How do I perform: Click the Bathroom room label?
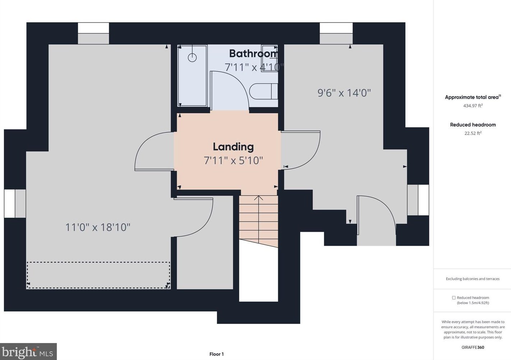pos(254,54)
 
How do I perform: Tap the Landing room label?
pos(233,147)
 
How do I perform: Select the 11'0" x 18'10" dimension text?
pos(98,227)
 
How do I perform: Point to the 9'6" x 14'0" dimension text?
pos(344,93)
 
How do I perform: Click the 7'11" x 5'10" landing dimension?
pos(233,160)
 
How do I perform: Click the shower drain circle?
pos(192,57)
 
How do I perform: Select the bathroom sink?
pos(269,58)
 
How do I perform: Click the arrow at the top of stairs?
pos(259,198)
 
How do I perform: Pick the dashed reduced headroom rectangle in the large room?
pos(98,275)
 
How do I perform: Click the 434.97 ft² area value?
pos(473,106)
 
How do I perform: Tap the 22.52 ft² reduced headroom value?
pos(473,133)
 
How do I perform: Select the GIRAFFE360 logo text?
pos(473,347)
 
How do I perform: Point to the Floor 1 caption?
pos(217,354)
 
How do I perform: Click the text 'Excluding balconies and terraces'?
pos(473,279)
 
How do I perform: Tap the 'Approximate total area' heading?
pos(472,97)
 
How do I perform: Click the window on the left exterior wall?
pos(15,204)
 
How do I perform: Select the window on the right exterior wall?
pos(418,200)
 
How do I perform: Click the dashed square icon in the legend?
pos(454,298)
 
